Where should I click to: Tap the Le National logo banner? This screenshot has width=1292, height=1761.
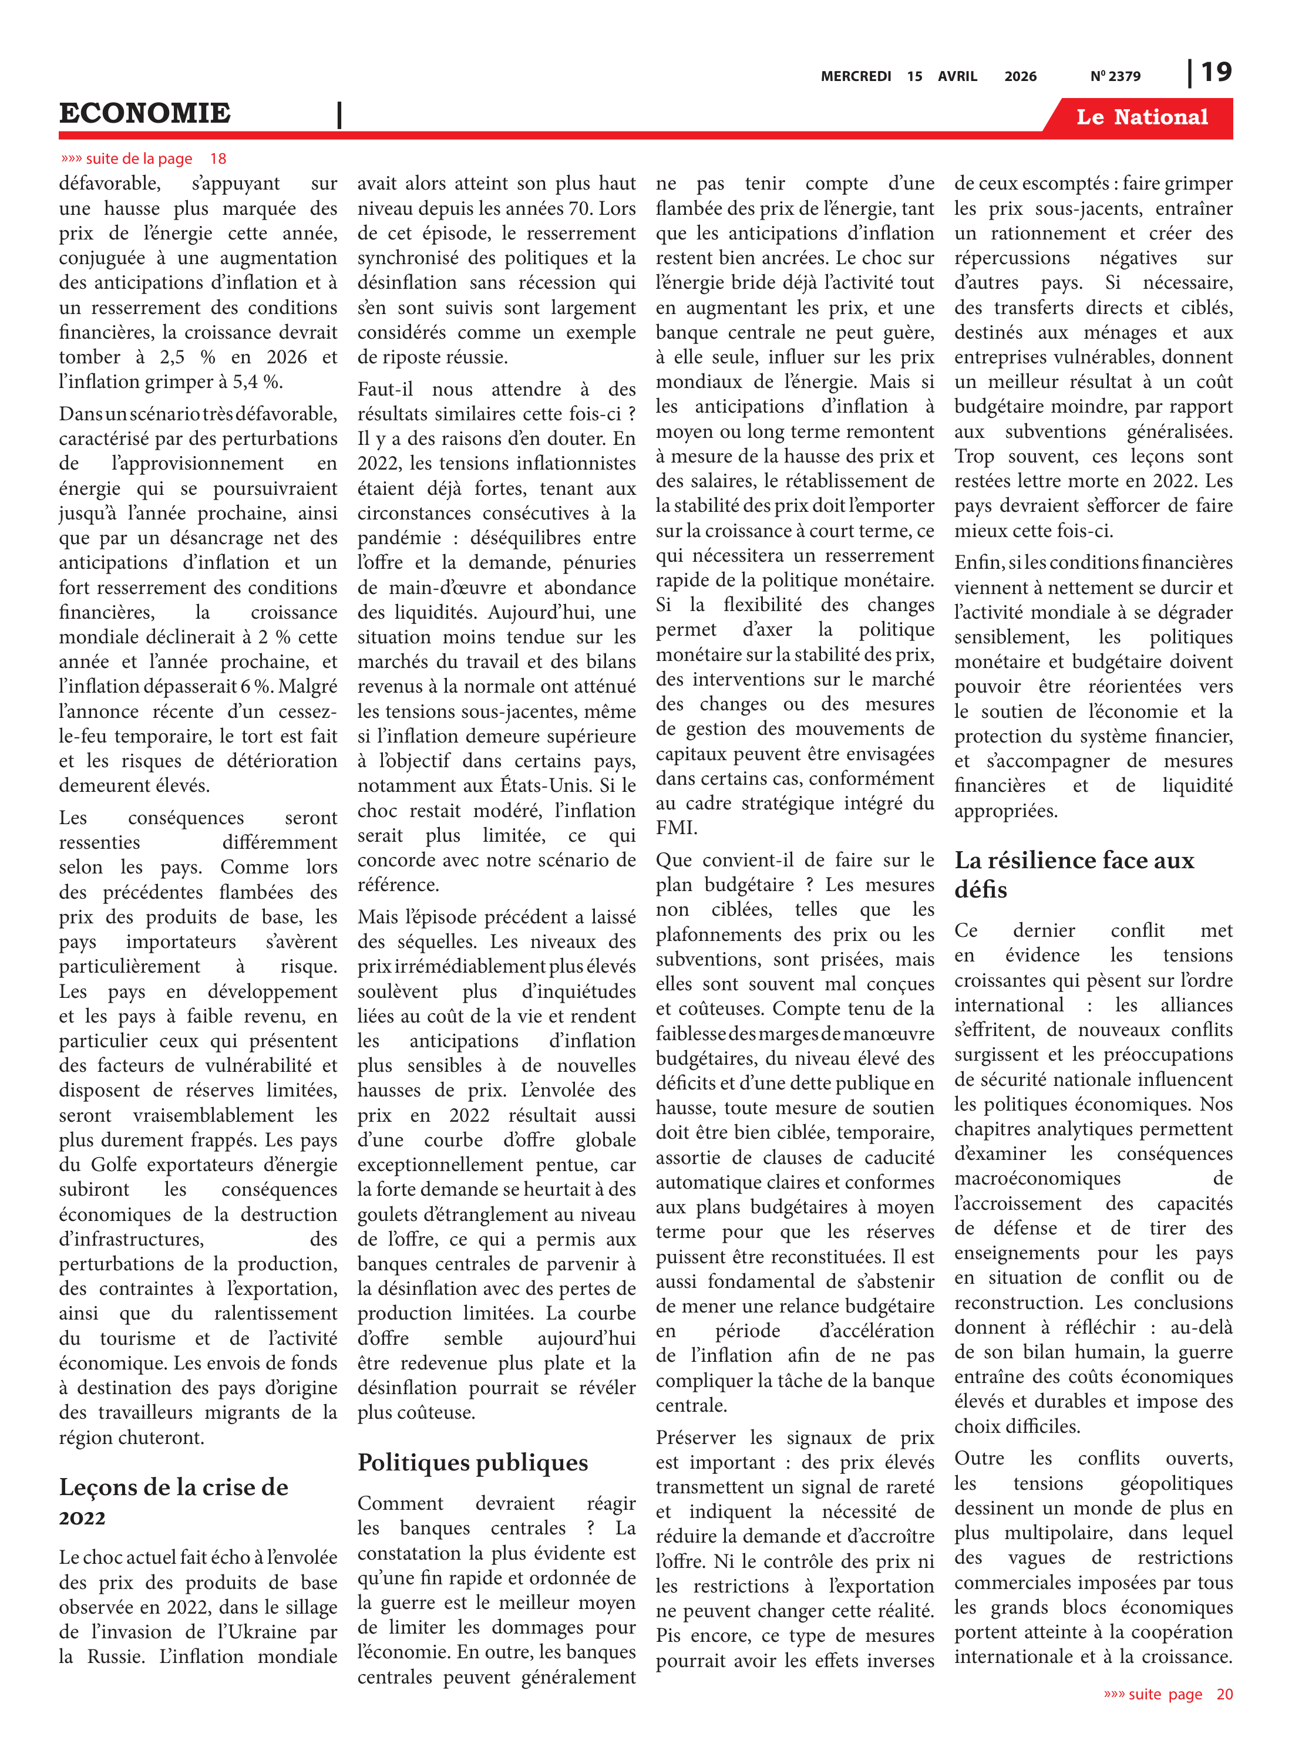coord(1141,117)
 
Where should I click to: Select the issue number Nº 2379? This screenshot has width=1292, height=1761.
coord(1115,76)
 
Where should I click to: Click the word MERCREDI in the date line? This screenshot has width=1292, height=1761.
coord(856,76)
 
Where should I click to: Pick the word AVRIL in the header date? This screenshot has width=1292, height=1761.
coord(957,76)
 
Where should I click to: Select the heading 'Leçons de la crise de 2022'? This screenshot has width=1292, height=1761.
coord(174,1501)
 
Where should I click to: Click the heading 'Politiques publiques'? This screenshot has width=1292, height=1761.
coord(472,1462)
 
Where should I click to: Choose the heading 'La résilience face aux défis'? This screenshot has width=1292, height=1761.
coord(1074,875)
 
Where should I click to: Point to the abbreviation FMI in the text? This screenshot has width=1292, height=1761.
coord(677,828)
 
